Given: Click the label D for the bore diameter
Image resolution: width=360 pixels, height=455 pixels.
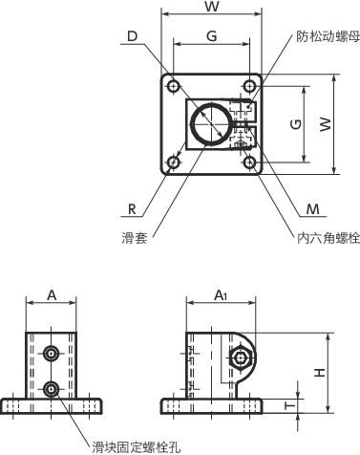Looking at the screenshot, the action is [x=131, y=37].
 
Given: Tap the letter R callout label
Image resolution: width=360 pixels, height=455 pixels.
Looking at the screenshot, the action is [x=131, y=206].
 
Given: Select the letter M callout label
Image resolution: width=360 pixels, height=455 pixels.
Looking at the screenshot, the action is [x=312, y=207].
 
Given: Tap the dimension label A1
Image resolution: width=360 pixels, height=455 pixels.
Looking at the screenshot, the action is [x=221, y=294].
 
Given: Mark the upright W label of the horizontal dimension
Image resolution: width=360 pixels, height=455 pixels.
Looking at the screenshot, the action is [x=211, y=8].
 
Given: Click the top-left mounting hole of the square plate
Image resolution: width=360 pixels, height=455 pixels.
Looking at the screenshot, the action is [x=173, y=87].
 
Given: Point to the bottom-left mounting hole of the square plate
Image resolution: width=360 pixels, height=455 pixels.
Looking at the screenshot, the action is [x=173, y=162].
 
